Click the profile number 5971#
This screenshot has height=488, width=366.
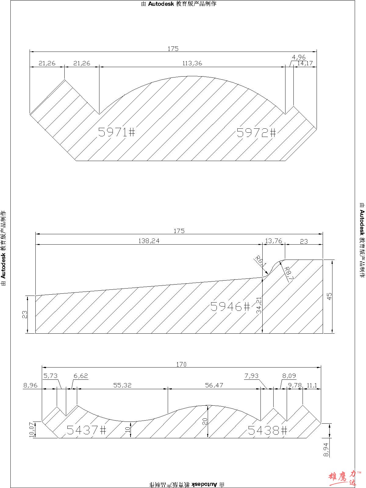[x=117, y=132]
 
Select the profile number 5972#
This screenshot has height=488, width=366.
[x=257, y=133]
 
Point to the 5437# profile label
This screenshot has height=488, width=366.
[x=86, y=430]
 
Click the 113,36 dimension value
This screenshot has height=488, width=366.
[x=192, y=63]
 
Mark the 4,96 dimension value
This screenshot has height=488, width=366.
[x=299, y=57]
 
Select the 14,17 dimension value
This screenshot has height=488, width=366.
[x=305, y=63]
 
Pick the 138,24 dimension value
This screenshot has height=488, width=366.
[x=149, y=241]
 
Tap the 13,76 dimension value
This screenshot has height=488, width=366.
[x=273, y=241]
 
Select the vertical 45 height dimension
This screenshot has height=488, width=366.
[x=329, y=296]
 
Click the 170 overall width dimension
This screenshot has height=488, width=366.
[x=181, y=364]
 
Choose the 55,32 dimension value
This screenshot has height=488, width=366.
[x=122, y=385]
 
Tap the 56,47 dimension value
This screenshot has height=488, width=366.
[x=214, y=385]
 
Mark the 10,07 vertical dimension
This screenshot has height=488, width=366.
[x=31, y=430]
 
